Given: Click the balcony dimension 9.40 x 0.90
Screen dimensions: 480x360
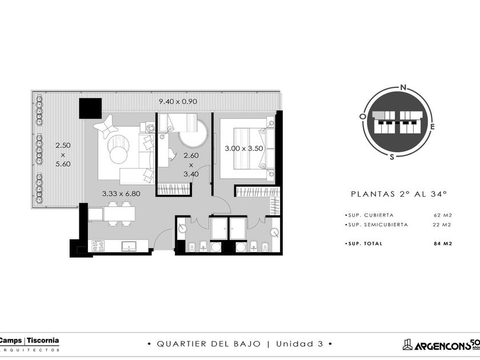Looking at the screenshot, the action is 178,101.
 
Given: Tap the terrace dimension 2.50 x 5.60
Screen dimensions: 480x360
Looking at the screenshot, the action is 63,155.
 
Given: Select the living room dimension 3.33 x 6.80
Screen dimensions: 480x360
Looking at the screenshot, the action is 121,194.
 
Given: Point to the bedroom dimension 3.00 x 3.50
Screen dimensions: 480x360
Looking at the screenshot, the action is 244,149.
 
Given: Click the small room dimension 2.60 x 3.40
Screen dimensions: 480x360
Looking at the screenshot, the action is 191,165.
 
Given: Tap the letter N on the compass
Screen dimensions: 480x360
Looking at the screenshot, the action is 403,87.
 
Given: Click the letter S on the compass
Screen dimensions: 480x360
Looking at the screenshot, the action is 392,157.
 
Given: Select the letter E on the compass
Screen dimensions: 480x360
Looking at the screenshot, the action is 432,126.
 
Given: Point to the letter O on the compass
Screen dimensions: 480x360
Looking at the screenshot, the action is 363,117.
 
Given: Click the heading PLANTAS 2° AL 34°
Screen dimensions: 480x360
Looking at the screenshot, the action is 399,194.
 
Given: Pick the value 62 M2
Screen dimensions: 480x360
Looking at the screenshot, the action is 443,215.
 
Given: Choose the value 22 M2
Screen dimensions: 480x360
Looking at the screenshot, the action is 443,225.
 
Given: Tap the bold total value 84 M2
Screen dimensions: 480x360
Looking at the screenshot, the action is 443,243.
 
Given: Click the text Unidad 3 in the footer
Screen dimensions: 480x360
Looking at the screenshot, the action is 299,344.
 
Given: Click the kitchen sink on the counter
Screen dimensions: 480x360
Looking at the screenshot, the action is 129,246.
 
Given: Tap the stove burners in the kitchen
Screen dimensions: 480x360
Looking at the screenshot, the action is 98,246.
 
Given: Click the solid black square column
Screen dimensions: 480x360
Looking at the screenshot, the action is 90,109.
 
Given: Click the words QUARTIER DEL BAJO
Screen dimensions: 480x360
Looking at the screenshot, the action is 209,344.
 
